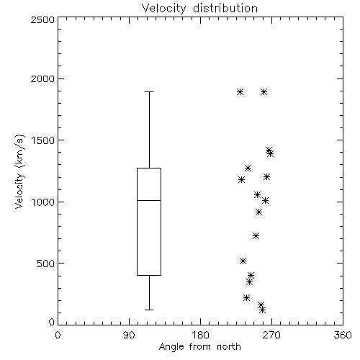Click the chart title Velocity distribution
(199, 8)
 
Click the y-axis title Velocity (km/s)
(19, 172)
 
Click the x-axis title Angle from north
(199, 347)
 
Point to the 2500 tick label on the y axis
(42, 19)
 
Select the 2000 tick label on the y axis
(42, 78)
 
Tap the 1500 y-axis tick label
(43, 140)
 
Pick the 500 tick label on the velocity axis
(46, 264)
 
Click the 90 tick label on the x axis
(129, 335)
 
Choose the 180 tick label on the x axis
(200, 335)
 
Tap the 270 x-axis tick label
(271, 335)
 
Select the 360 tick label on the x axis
(343, 335)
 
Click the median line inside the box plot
(149, 200)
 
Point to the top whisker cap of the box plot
(149, 91)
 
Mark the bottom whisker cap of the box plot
(149, 310)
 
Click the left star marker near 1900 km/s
(240, 91)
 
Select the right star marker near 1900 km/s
(264, 91)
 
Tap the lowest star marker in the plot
(263, 310)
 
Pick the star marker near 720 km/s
(256, 235)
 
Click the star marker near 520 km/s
(243, 261)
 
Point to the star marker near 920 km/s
(258, 212)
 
